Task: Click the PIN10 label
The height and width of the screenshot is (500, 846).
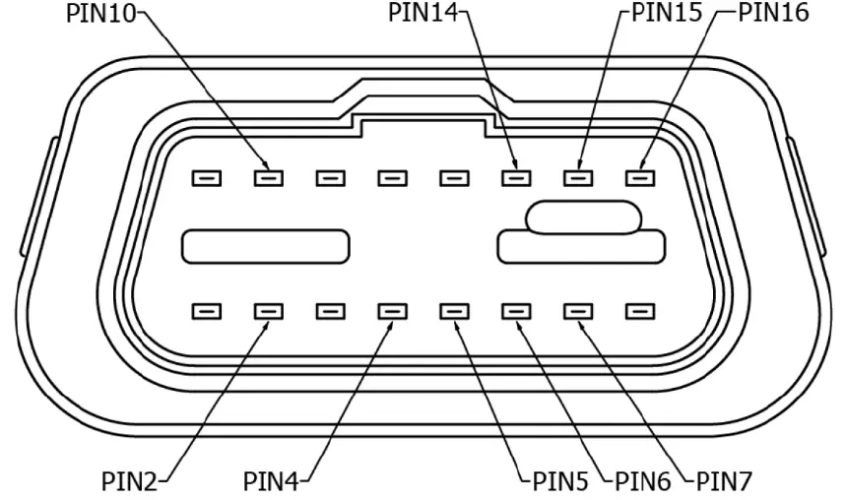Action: tap(101, 13)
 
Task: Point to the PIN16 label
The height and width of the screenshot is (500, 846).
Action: tap(774, 13)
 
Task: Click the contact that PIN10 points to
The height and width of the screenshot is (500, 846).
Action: tap(268, 178)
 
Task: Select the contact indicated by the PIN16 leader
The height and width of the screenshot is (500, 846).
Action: tap(640, 178)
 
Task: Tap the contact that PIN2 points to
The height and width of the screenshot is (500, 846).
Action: tap(268, 312)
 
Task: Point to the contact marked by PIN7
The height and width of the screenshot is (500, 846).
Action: tap(578, 312)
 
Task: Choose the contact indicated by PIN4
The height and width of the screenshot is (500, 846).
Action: tap(392, 312)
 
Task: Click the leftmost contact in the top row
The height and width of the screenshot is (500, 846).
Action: tap(206, 178)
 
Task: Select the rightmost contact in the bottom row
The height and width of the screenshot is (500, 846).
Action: tap(640, 312)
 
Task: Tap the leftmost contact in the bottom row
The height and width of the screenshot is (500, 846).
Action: tap(206, 312)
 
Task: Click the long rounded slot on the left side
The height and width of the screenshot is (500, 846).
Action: tap(266, 246)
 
